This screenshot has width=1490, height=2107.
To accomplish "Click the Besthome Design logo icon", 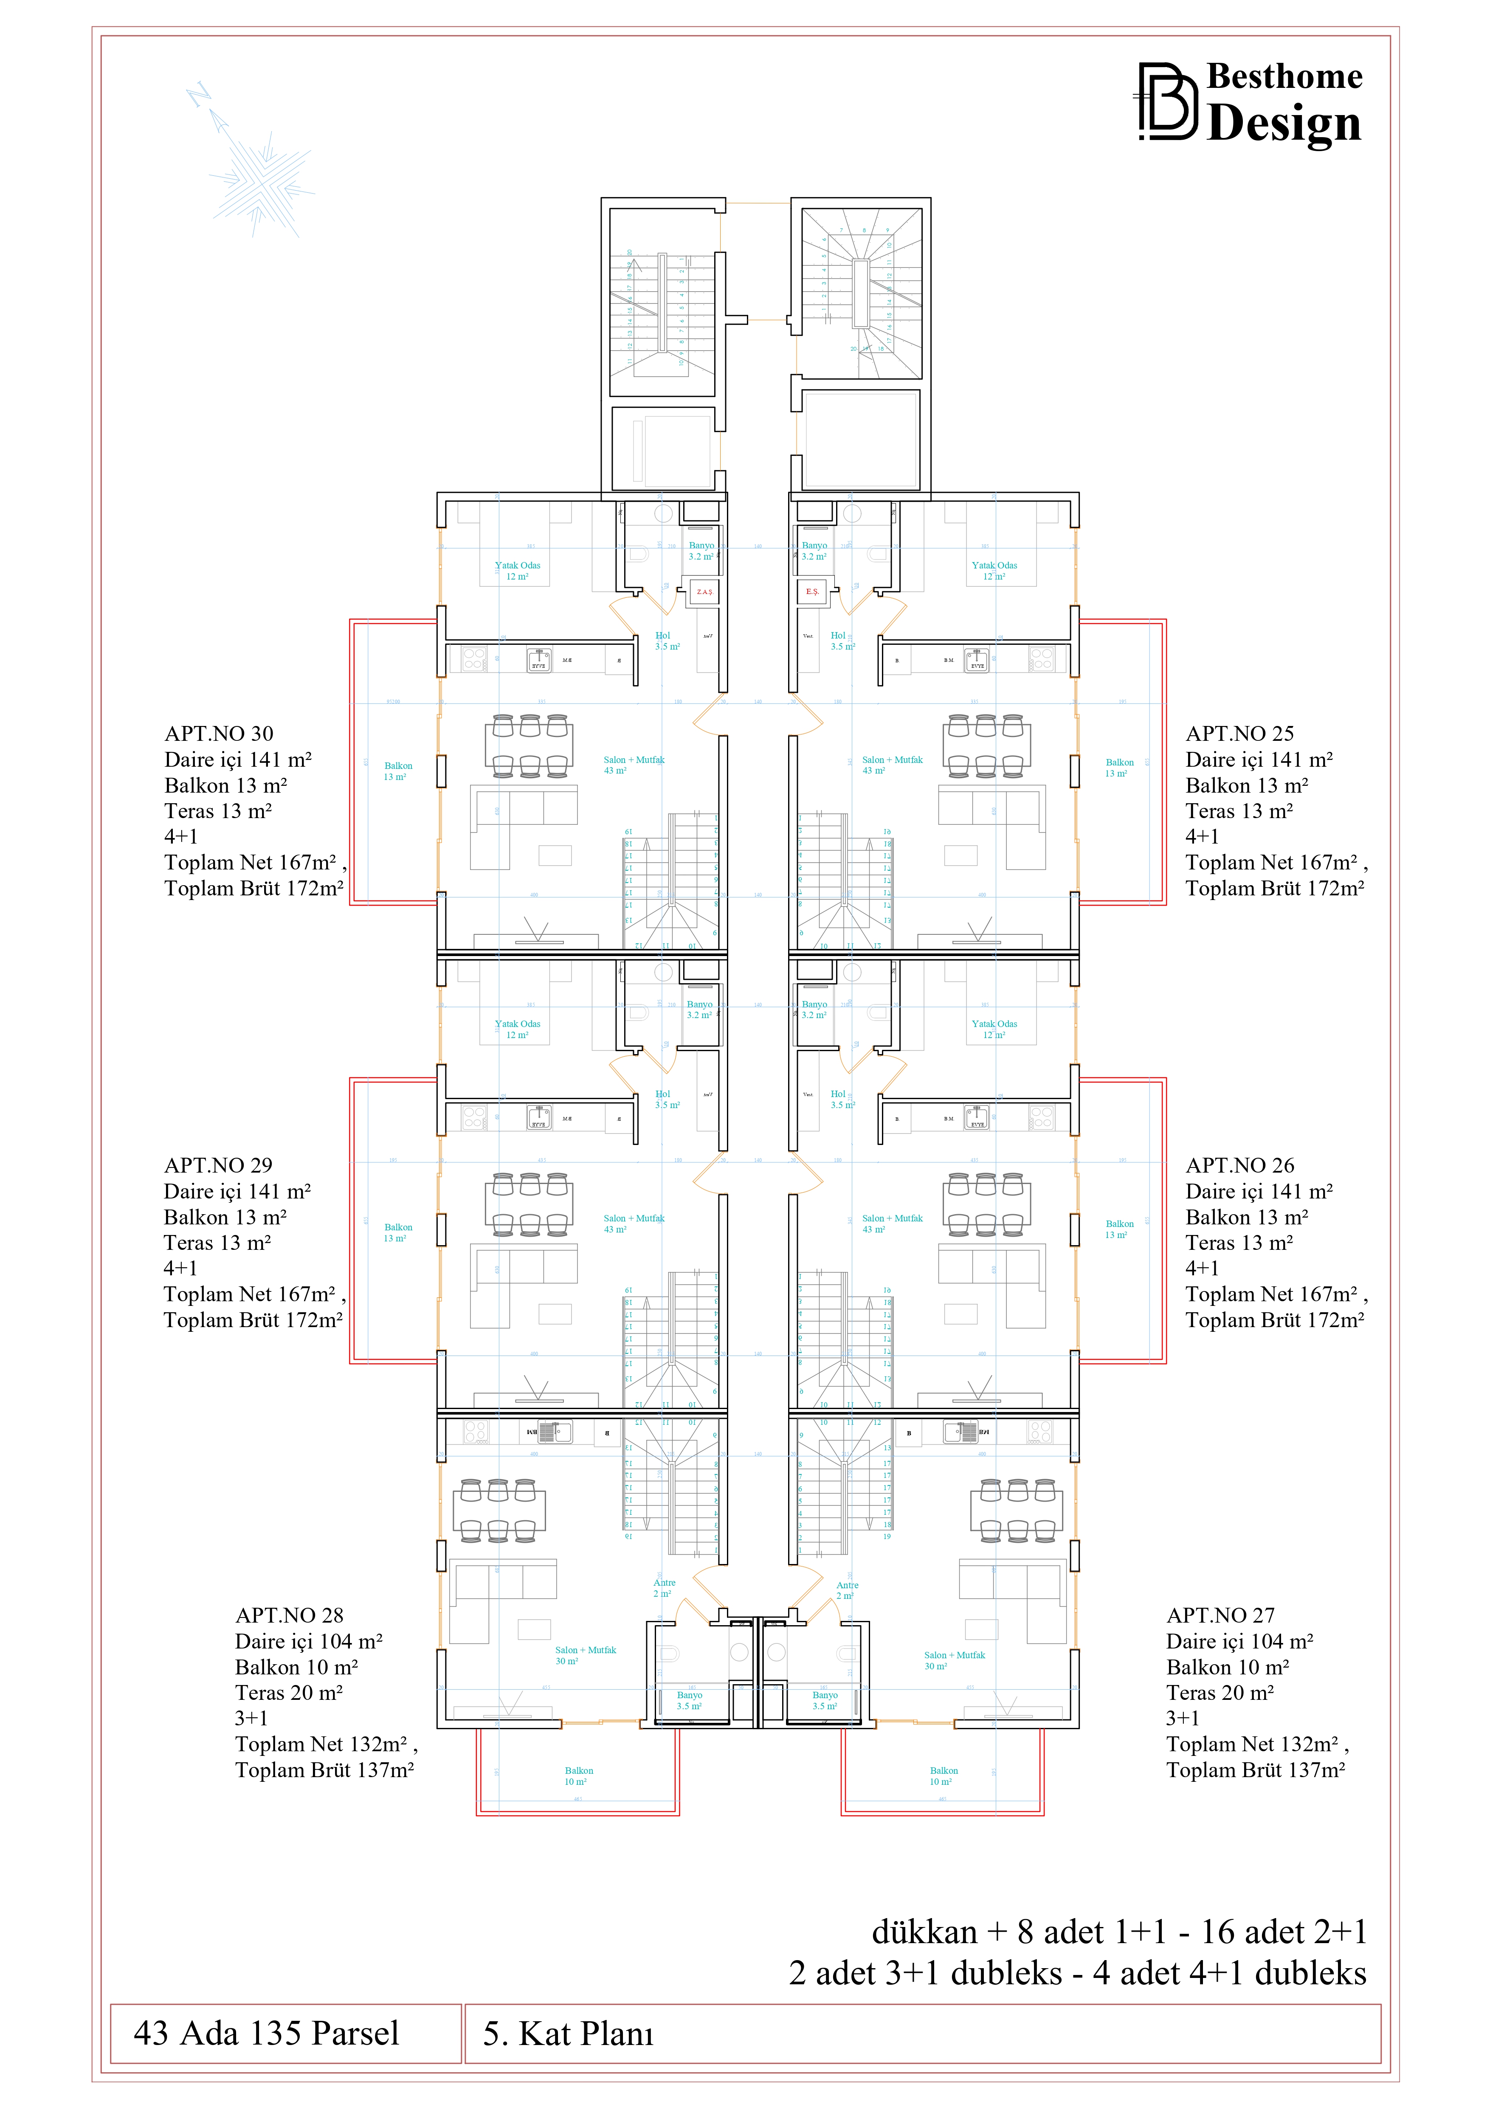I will [1167, 102].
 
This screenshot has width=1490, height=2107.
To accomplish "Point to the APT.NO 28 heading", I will [289, 1615].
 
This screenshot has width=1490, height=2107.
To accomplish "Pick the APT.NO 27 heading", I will [1220, 1615].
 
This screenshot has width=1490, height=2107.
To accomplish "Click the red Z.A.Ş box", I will [704, 592].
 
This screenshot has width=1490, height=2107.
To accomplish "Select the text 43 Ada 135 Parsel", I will [266, 2033].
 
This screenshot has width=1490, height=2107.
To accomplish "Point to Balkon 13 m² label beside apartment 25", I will [1119, 767].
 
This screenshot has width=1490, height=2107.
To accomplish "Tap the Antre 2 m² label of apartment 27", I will [846, 1589].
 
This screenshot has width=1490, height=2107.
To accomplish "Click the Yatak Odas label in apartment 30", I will [518, 570].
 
